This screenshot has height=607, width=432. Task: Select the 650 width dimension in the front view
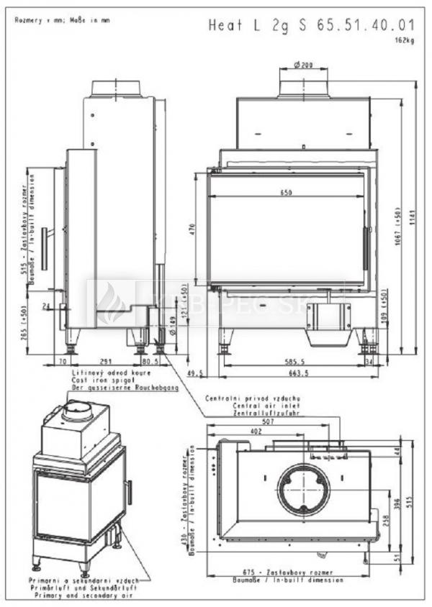coord(287,193)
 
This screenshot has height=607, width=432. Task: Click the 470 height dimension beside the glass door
coord(193,229)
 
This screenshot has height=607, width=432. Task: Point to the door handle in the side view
coord(44,249)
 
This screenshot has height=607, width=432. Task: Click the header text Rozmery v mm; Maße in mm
coord(62,20)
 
